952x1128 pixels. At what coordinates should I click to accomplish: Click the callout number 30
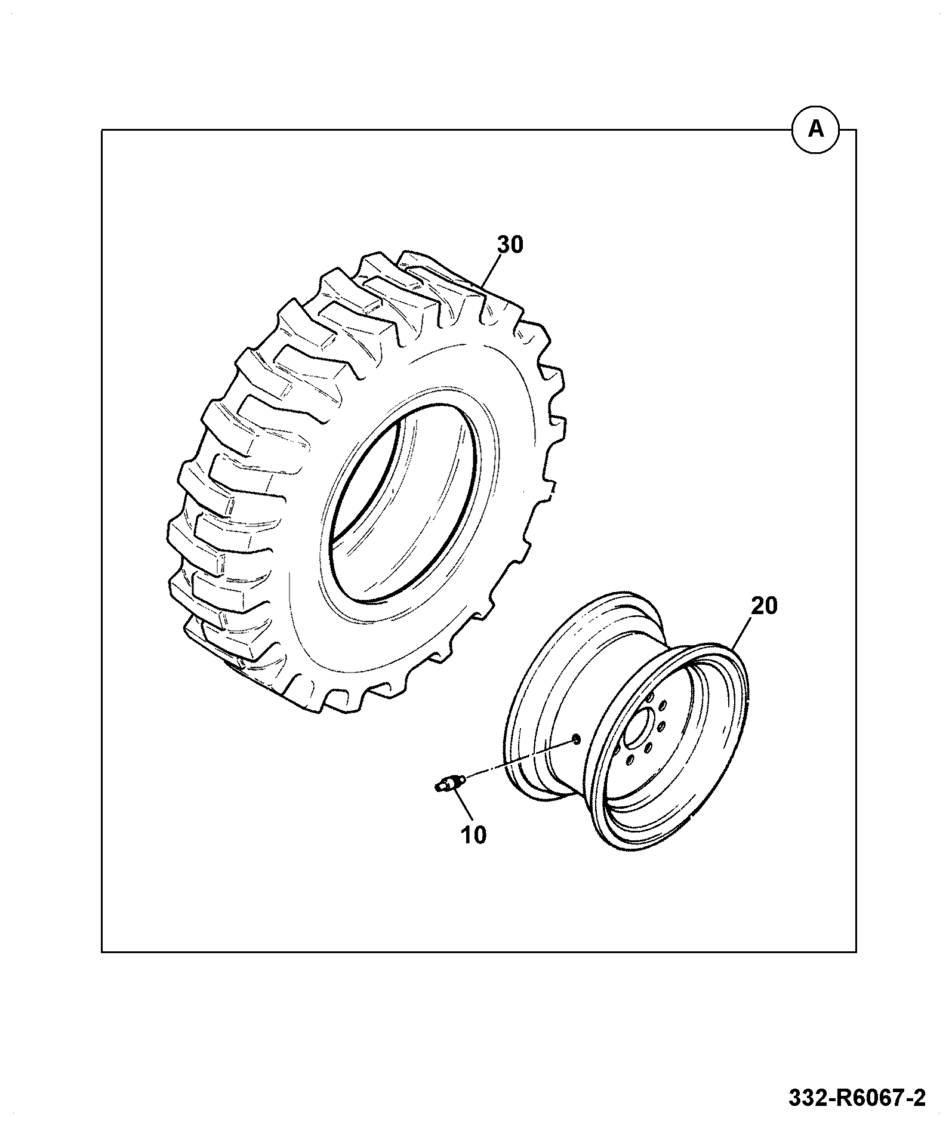pyautogui.click(x=510, y=245)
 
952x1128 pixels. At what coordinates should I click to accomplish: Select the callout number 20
pyautogui.click(x=765, y=606)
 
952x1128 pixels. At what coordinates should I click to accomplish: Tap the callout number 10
pyautogui.click(x=473, y=834)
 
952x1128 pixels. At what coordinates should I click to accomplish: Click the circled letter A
pyautogui.click(x=815, y=129)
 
